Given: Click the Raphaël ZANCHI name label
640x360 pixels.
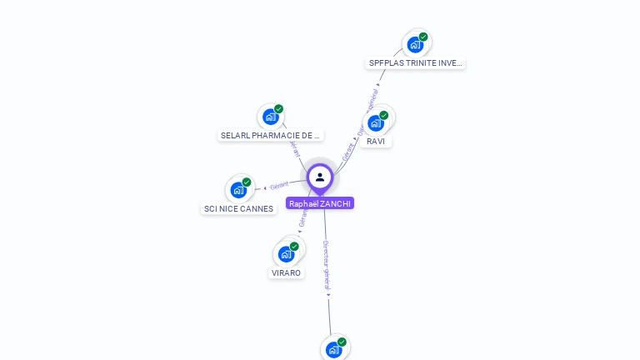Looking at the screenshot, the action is coord(320,203).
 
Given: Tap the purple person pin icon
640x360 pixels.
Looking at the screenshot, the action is coord(320,177).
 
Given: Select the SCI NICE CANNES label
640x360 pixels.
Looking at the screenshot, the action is coord(238,209).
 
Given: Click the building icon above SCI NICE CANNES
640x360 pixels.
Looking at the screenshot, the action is coord(238,189).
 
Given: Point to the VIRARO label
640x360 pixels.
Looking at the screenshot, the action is coord(286,273).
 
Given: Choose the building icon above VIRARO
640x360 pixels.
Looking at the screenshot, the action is coord(287,253).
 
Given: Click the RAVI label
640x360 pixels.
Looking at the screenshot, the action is coord(376,142).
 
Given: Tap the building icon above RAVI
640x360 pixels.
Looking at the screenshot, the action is coord(376,122).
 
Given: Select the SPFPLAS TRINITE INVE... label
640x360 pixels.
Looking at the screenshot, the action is coord(415,63).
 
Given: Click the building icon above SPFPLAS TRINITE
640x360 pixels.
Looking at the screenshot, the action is coord(415,45).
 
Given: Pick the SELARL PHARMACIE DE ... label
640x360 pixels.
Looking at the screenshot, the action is coord(270,136).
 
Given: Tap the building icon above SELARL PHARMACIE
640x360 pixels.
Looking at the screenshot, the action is coord(270,117).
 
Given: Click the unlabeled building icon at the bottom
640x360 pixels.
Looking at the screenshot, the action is coord(334,349).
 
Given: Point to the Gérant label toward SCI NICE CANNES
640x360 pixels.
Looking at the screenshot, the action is coord(279,186).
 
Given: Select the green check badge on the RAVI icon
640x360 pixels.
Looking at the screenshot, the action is coord(384,115).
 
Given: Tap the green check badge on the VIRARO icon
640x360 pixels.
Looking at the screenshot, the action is coord(294,246).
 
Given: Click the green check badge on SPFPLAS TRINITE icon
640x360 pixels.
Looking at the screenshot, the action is coord(423,37).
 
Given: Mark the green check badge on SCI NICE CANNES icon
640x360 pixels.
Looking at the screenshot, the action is coord(247,182).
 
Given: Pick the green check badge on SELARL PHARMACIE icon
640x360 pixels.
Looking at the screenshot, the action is coord(278,109).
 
